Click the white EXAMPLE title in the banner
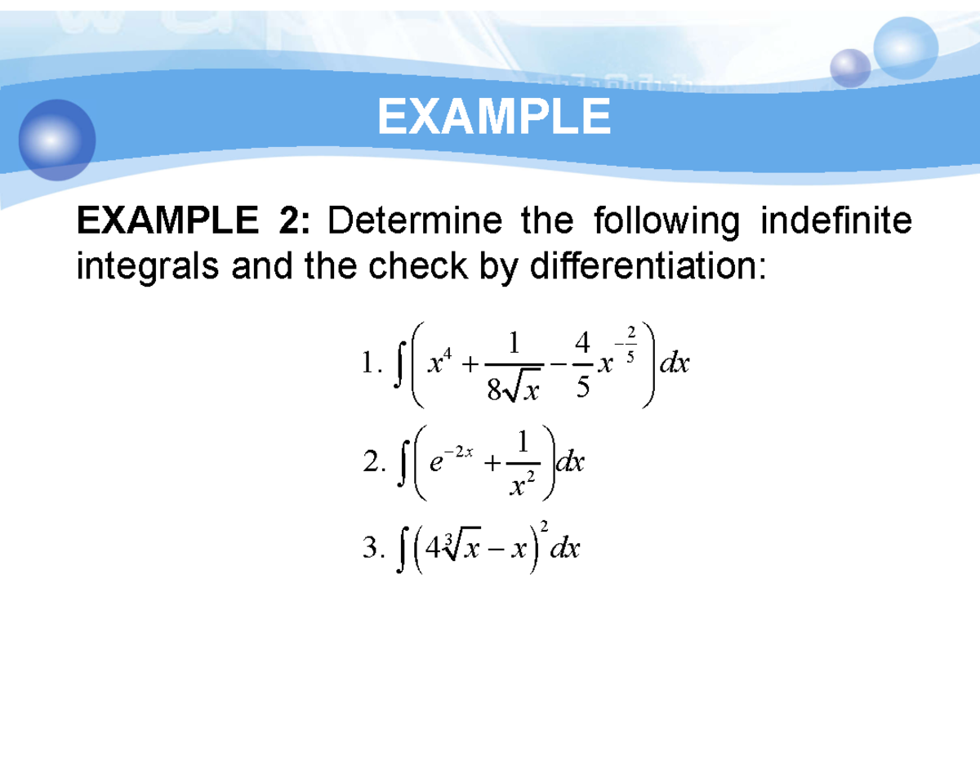pos(493,117)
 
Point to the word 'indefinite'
pos(835,221)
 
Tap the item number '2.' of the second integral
pos(372,464)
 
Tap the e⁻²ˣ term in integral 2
pos(451,463)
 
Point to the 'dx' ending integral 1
pos(675,363)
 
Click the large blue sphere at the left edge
pos(57,140)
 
